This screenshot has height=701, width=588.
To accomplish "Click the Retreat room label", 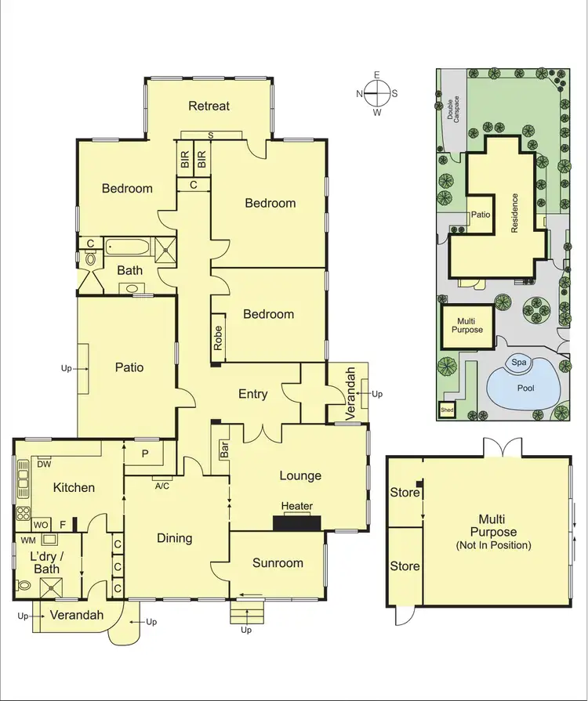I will pyautogui.click(x=209, y=106).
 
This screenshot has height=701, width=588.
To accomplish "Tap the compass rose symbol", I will pyautogui.click(x=377, y=93).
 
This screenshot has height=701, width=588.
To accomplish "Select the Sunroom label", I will pyautogui.click(x=278, y=563).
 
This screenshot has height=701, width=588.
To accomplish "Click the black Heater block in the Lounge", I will pyautogui.click(x=297, y=524).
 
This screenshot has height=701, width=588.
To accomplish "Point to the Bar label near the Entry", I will pyautogui.click(x=224, y=450).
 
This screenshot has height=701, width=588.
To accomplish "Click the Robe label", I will pyautogui.click(x=218, y=337).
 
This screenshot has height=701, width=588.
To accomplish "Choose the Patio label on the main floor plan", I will pyautogui.click(x=129, y=367).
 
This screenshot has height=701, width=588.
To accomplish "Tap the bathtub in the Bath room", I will pyautogui.click(x=129, y=248).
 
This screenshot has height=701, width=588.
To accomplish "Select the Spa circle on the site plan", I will pyautogui.click(x=518, y=363).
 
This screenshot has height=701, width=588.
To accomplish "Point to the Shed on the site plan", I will pyautogui.click(x=447, y=410).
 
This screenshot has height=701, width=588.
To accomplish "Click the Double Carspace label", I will pyautogui.click(x=453, y=110).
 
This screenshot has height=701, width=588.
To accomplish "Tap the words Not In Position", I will pyautogui.click(x=493, y=544).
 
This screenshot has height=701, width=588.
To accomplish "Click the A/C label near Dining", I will pyautogui.click(x=163, y=485).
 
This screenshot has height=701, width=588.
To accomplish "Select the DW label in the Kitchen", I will pyautogui.click(x=45, y=464).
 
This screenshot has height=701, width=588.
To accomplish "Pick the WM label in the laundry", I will pyautogui.click(x=29, y=540).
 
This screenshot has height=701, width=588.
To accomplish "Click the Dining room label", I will pyautogui.click(x=174, y=538).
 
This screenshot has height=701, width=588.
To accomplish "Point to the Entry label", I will pyautogui.click(x=253, y=394).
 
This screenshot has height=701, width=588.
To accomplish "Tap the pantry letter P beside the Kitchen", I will pyautogui.click(x=145, y=454).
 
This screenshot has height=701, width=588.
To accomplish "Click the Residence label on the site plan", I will pyautogui.click(x=515, y=213).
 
